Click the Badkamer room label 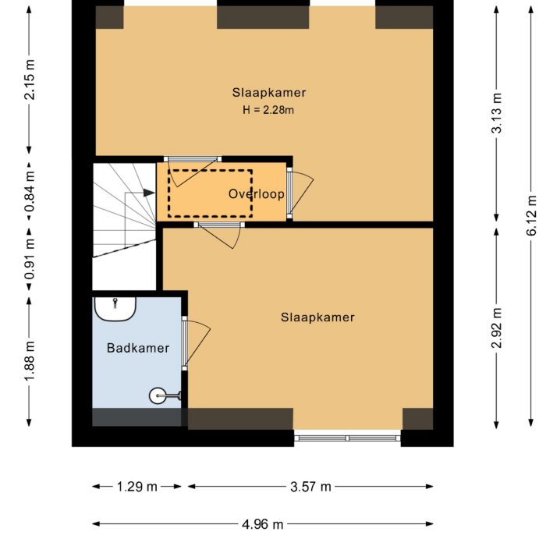137,349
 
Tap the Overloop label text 256,193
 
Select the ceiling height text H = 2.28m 268,110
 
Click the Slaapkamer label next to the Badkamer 317,317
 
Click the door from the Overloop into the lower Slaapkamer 219,233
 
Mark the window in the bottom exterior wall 348,438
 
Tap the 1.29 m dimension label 137,487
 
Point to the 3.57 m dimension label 310,487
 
